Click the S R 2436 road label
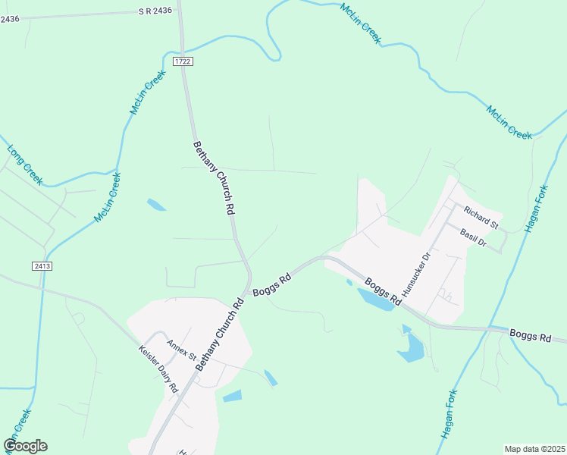pos(156,12)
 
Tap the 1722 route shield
pos(181,61)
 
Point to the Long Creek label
pos(24,162)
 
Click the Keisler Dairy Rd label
pos(158,369)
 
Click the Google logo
pos(25,446)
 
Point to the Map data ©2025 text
pos(534,449)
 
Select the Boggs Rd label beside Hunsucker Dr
pos(383,293)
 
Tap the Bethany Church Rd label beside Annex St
pos(219,334)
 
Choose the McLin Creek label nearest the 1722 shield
pos(147,93)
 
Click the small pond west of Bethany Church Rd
pos(156,204)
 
